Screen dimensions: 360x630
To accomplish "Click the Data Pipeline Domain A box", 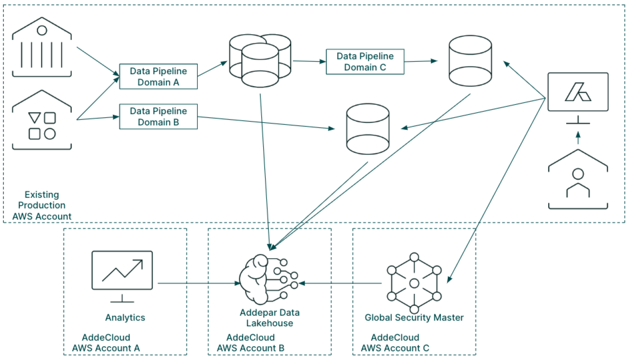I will coord(158,77).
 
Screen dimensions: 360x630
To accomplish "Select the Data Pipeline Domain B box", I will coord(158,116).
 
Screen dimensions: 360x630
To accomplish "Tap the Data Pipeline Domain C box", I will coord(365,62).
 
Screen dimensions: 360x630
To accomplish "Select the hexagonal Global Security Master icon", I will coord(414,283).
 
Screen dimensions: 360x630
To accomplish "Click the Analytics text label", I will coord(125,317).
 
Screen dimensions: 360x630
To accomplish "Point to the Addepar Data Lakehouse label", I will coord(270,318).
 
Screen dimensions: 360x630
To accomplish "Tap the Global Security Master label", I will coord(414,317).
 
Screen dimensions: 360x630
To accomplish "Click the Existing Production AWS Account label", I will coord(42,205).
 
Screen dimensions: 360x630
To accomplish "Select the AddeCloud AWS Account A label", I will coord(106,343).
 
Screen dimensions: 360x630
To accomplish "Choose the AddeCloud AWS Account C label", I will coord(395,343).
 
